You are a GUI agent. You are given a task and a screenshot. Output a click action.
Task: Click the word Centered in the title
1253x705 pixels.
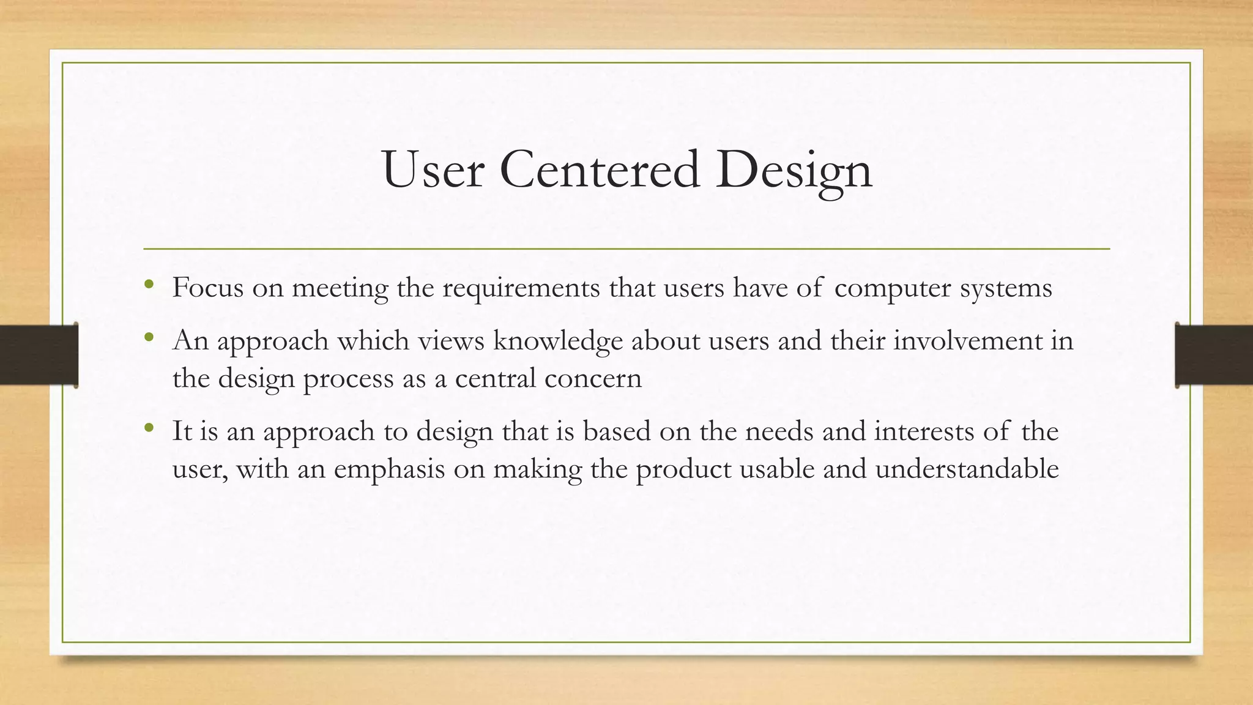pyautogui.click(x=600, y=170)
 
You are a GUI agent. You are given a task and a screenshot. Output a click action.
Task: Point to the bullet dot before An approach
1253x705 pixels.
pyautogui.click(x=148, y=337)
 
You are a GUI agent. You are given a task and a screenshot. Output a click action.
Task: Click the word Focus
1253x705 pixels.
pyautogui.click(x=208, y=287)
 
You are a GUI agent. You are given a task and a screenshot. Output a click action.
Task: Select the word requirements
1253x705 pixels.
pyautogui.click(x=521, y=288)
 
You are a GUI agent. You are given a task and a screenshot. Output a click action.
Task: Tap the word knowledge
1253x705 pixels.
pyautogui.click(x=557, y=341)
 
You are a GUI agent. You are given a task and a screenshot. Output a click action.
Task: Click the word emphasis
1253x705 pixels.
pyautogui.click(x=389, y=469)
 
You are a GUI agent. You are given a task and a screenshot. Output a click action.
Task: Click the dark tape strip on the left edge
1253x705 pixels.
pyautogui.click(x=39, y=355)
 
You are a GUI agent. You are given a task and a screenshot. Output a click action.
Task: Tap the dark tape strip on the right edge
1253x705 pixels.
pyautogui.click(x=1214, y=355)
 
